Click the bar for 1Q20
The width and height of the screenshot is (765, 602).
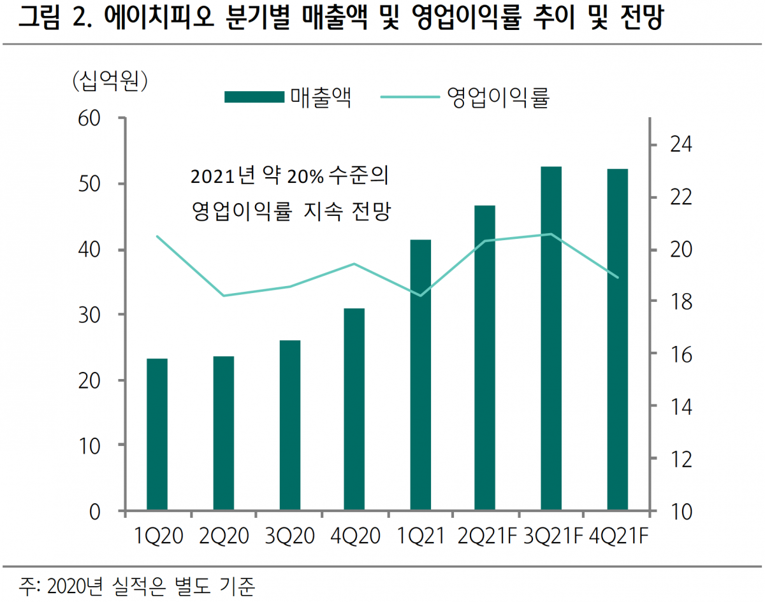157,434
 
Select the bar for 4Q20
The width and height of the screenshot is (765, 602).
354,409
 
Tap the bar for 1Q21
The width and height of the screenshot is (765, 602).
420,375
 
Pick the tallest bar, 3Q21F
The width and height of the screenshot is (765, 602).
551,338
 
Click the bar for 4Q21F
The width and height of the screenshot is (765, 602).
617,340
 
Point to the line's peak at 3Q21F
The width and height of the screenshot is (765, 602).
551,234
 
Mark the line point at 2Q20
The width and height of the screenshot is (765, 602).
223,296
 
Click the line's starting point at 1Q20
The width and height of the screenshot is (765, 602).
157,236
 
